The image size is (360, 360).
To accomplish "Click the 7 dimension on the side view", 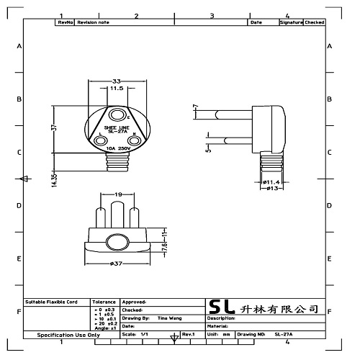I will (x=195, y=108).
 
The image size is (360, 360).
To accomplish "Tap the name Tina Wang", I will (x=169, y=317).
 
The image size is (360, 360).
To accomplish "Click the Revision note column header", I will (x=93, y=23).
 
